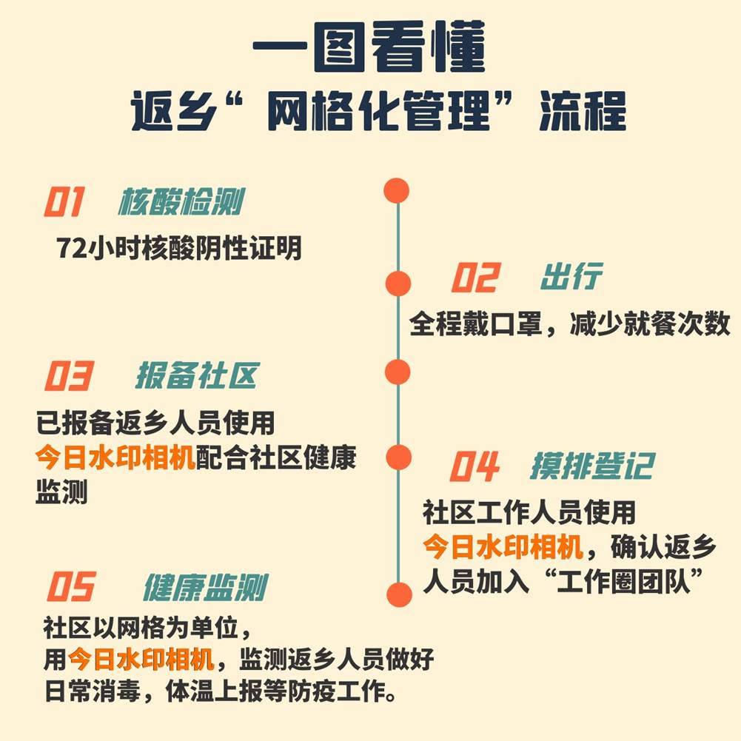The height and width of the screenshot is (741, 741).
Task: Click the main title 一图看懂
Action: [370, 47]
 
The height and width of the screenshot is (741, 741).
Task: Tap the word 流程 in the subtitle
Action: [583, 111]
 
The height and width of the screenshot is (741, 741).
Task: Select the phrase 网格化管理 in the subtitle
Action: [378, 111]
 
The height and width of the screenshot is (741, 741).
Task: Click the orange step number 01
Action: [64, 201]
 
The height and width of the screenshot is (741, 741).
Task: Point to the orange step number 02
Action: [475, 278]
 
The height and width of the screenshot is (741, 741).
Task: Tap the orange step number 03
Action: [69, 376]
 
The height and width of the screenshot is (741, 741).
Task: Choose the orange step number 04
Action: [474, 466]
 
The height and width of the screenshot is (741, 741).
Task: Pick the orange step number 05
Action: [71, 586]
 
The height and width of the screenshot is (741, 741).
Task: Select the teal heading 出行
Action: [571, 276]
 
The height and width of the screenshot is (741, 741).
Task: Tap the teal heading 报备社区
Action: [198, 376]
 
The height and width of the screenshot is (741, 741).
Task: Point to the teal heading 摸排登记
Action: [593, 466]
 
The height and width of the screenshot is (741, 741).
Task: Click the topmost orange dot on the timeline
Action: [397, 191]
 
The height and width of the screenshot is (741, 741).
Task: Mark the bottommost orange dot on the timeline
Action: [399, 594]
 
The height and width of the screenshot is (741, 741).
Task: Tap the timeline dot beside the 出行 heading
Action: [398, 284]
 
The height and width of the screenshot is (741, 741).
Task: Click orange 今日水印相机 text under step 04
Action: [503, 547]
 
